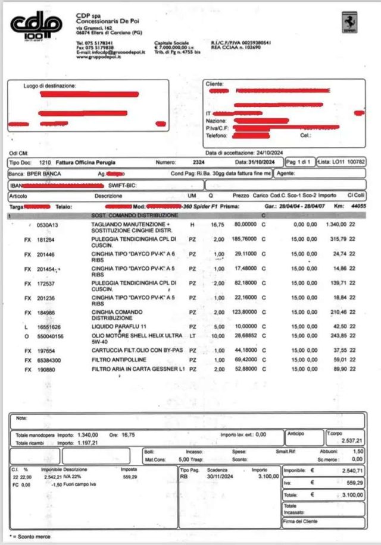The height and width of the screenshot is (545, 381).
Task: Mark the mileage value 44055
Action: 357,206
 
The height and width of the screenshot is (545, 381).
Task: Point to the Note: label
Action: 22,418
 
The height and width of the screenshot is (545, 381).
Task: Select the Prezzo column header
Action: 241,196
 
